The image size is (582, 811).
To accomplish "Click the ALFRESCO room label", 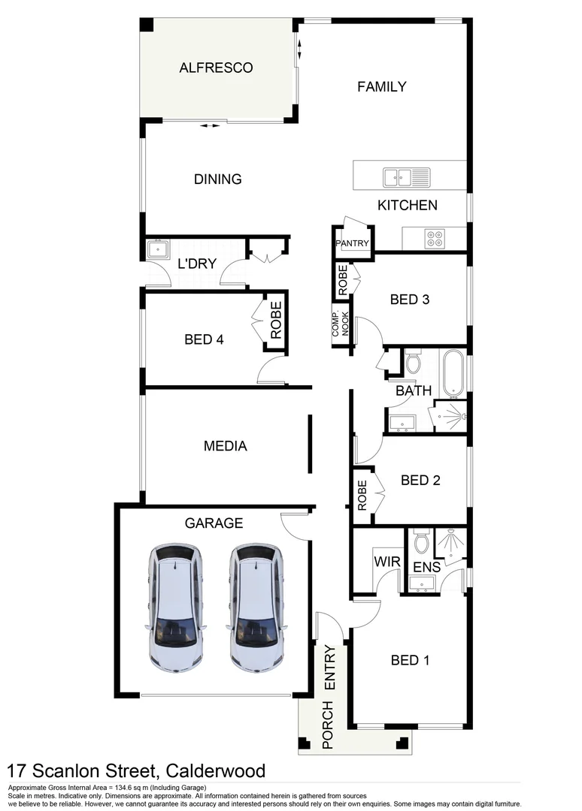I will (216, 68).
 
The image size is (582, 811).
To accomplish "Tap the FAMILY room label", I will (381, 86).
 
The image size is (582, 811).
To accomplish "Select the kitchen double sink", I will (406, 177).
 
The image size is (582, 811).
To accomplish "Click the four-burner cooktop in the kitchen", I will (435, 238).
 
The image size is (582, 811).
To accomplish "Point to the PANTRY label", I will (353, 243).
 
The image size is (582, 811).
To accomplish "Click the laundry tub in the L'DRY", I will (158, 249).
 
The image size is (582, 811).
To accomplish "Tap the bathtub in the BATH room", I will (452, 374).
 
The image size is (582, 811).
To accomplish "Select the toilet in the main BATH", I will (413, 363).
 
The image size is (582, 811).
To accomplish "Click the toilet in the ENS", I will (421, 542).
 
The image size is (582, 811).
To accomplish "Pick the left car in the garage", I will (175, 607).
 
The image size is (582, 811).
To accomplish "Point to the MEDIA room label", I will (226, 446).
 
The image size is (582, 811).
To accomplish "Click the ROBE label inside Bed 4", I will (275, 320).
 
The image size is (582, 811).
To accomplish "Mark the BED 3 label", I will (409, 300).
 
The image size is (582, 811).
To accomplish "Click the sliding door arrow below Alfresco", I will (210, 126).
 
